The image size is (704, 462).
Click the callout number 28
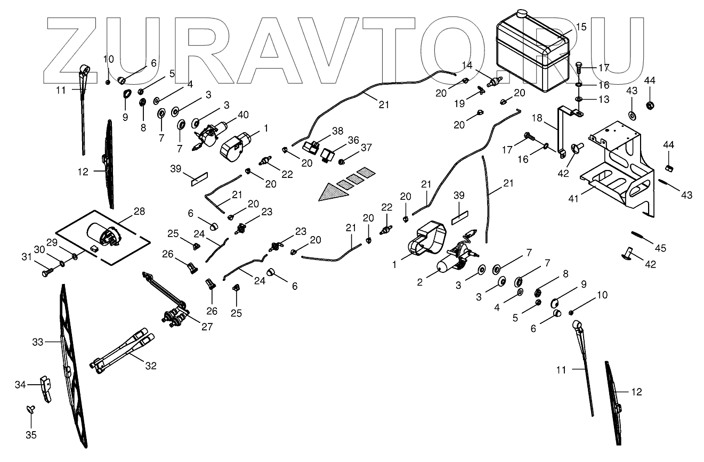(x=139, y=212)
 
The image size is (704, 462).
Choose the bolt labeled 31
(x=44, y=273)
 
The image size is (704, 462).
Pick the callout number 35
(x=31, y=434)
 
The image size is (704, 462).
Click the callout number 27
(x=206, y=327)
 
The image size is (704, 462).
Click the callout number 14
(x=467, y=65)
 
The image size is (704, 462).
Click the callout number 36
(x=354, y=141)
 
